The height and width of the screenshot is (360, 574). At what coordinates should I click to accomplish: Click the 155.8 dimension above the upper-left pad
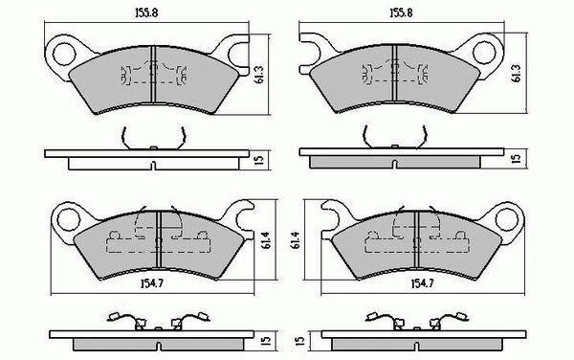146,12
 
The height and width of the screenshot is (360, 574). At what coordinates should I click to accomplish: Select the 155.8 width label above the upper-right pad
401,12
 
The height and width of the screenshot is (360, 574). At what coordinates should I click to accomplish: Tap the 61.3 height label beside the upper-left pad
260,75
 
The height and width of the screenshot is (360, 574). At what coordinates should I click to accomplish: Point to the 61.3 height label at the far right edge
517,74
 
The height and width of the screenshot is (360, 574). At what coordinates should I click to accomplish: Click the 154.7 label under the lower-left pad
151,283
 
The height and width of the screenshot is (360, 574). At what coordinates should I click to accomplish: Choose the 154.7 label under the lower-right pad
423,283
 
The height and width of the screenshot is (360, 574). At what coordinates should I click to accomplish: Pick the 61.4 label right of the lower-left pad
267,240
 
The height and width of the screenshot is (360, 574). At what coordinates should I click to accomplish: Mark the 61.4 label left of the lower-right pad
296,240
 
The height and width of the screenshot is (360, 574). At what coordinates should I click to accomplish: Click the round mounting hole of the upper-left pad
64,54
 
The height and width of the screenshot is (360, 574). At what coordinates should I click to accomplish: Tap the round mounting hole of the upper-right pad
484,52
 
